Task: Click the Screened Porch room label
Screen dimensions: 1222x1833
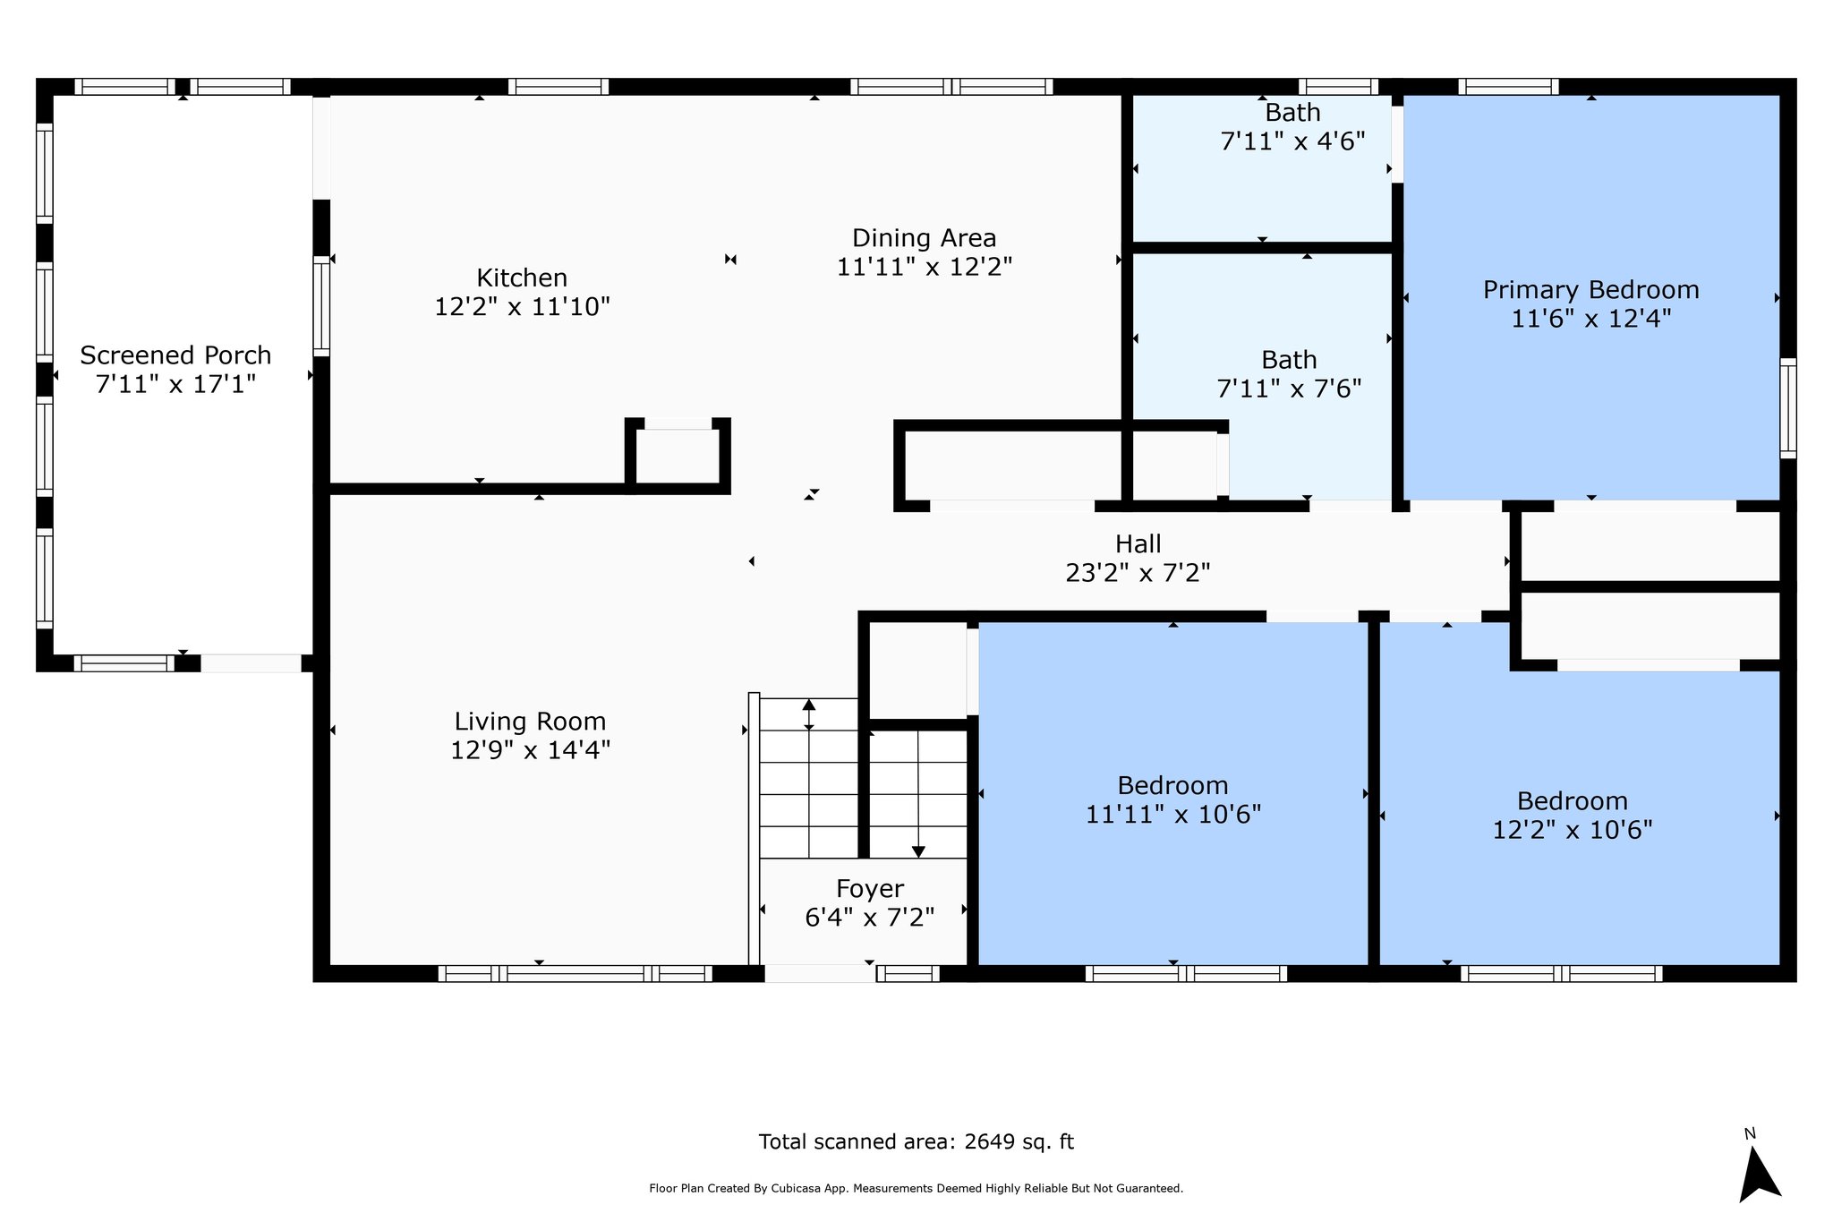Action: tap(175, 355)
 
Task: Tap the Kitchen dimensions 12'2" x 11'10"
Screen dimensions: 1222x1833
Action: tap(522, 307)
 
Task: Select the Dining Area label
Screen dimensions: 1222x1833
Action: tap(924, 238)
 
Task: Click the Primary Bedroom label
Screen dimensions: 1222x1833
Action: tap(1590, 290)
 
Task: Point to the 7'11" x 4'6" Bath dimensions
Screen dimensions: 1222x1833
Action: tap(1292, 141)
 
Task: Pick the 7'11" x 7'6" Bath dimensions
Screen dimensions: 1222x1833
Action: tap(1289, 389)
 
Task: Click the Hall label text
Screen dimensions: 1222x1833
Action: tap(1138, 543)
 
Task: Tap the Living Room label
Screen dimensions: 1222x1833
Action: tap(530, 722)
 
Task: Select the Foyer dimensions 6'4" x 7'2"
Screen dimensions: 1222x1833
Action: tap(869, 918)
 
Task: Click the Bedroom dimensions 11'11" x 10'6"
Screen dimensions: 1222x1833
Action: tap(1172, 815)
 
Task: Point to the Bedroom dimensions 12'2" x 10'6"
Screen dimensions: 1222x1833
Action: tap(1572, 830)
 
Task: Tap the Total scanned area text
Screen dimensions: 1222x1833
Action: tap(916, 1142)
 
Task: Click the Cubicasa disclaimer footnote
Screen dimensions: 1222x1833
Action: tap(916, 1189)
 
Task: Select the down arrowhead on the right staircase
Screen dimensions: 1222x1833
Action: tap(918, 851)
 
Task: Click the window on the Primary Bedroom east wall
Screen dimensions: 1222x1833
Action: tap(1787, 407)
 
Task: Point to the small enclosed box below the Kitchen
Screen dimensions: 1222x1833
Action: tap(678, 456)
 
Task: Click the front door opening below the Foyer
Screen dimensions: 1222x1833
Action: tap(819, 974)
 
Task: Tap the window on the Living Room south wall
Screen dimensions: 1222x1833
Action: tap(575, 974)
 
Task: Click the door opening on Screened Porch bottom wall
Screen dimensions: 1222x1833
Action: tap(251, 663)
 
